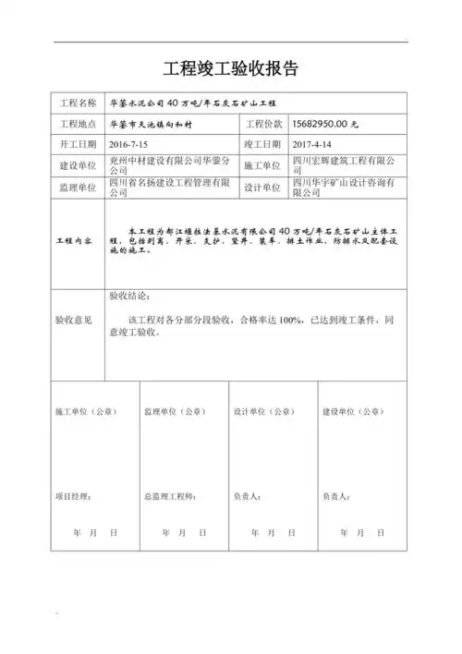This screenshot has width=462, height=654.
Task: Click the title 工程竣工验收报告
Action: tap(231, 69)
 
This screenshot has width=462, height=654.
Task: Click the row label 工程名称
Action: tap(78, 103)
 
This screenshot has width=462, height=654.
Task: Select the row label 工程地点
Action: tap(78, 124)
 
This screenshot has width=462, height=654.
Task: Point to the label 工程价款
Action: tap(263, 124)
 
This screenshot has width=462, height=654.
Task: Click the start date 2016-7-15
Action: tap(128, 145)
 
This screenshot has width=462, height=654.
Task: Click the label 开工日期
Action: tap(78, 145)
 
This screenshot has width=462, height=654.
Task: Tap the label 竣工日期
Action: tap(263, 145)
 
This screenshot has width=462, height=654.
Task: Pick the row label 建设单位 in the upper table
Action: tap(78, 165)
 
